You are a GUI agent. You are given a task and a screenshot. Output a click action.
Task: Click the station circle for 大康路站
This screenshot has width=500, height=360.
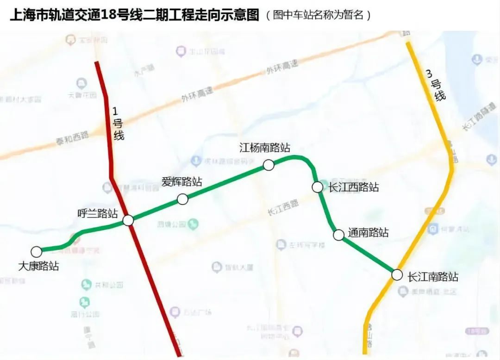click(x=36, y=252)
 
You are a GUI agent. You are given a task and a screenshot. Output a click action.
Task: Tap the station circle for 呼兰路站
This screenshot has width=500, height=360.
click(x=128, y=220)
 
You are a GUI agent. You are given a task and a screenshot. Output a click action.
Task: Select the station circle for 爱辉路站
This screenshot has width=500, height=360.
click(x=183, y=199)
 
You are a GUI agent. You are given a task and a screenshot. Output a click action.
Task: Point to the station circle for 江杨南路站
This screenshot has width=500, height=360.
click(x=269, y=165)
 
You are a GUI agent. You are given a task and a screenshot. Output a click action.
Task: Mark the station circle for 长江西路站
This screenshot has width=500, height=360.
click(x=317, y=187)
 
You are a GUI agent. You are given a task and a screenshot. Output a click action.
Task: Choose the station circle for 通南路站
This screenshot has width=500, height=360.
click(x=338, y=235)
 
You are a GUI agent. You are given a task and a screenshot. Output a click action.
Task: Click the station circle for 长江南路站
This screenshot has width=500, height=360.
click(x=397, y=274)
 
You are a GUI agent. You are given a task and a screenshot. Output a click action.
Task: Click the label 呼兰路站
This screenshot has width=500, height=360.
click(x=97, y=213)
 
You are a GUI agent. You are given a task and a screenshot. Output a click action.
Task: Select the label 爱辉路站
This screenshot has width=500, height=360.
click(x=182, y=181)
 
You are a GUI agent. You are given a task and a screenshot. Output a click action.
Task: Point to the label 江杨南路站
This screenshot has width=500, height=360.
click(x=265, y=148)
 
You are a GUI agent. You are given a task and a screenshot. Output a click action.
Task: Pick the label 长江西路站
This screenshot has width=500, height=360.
click(x=354, y=187)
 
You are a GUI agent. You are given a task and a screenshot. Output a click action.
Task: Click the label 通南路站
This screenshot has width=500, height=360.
click(x=368, y=233)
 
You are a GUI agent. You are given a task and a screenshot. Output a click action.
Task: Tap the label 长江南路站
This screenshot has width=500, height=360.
click(x=433, y=277)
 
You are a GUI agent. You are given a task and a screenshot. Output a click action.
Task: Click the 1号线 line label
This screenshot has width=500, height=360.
click(x=119, y=124)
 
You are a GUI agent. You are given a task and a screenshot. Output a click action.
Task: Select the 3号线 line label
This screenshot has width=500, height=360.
click(x=436, y=84)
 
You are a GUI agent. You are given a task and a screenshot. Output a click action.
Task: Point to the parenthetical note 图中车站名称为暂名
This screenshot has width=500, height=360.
click(x=319, y=15)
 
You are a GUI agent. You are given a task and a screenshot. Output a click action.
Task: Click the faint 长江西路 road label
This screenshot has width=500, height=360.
click(x=283, y=207)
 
